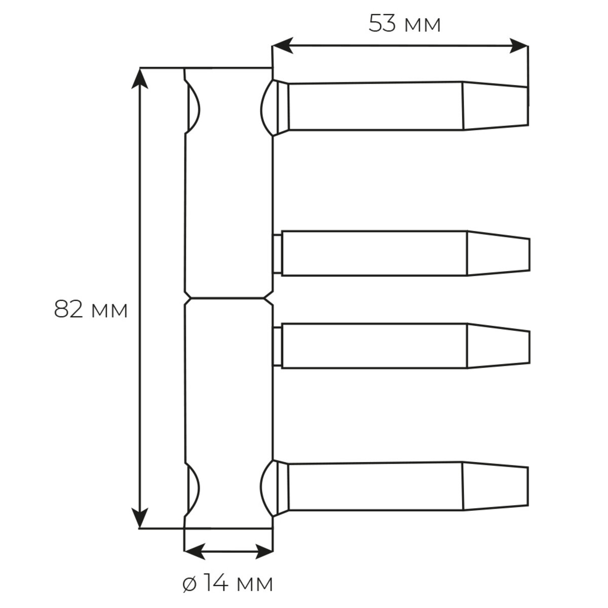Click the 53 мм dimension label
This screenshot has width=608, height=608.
[x=404, y=24]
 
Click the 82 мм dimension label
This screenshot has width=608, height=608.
[x=91, y=310]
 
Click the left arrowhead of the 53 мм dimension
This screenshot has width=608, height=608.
[x=282, y=46]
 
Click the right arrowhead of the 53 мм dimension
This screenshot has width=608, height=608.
[x=518, y=46]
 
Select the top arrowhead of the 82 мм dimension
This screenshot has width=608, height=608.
[x=140, y=79]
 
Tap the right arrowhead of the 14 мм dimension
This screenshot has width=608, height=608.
[x=263, y=552]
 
